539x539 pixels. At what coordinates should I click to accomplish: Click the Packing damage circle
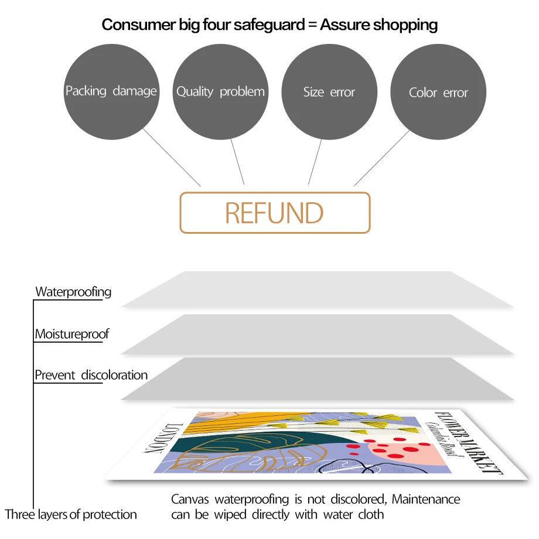111,91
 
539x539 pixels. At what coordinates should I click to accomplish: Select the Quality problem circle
220,91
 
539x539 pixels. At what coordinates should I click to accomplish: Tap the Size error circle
329,91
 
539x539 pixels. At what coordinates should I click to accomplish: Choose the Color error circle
438,92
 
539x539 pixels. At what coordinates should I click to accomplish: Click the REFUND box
275,213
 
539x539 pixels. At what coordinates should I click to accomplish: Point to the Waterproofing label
73,292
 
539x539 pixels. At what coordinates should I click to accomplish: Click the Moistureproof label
72,335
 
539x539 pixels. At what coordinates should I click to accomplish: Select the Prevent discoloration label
91,375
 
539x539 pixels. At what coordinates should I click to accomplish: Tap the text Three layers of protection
71,514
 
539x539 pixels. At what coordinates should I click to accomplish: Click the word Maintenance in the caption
426,500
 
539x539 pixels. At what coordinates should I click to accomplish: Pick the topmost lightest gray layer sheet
316,289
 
